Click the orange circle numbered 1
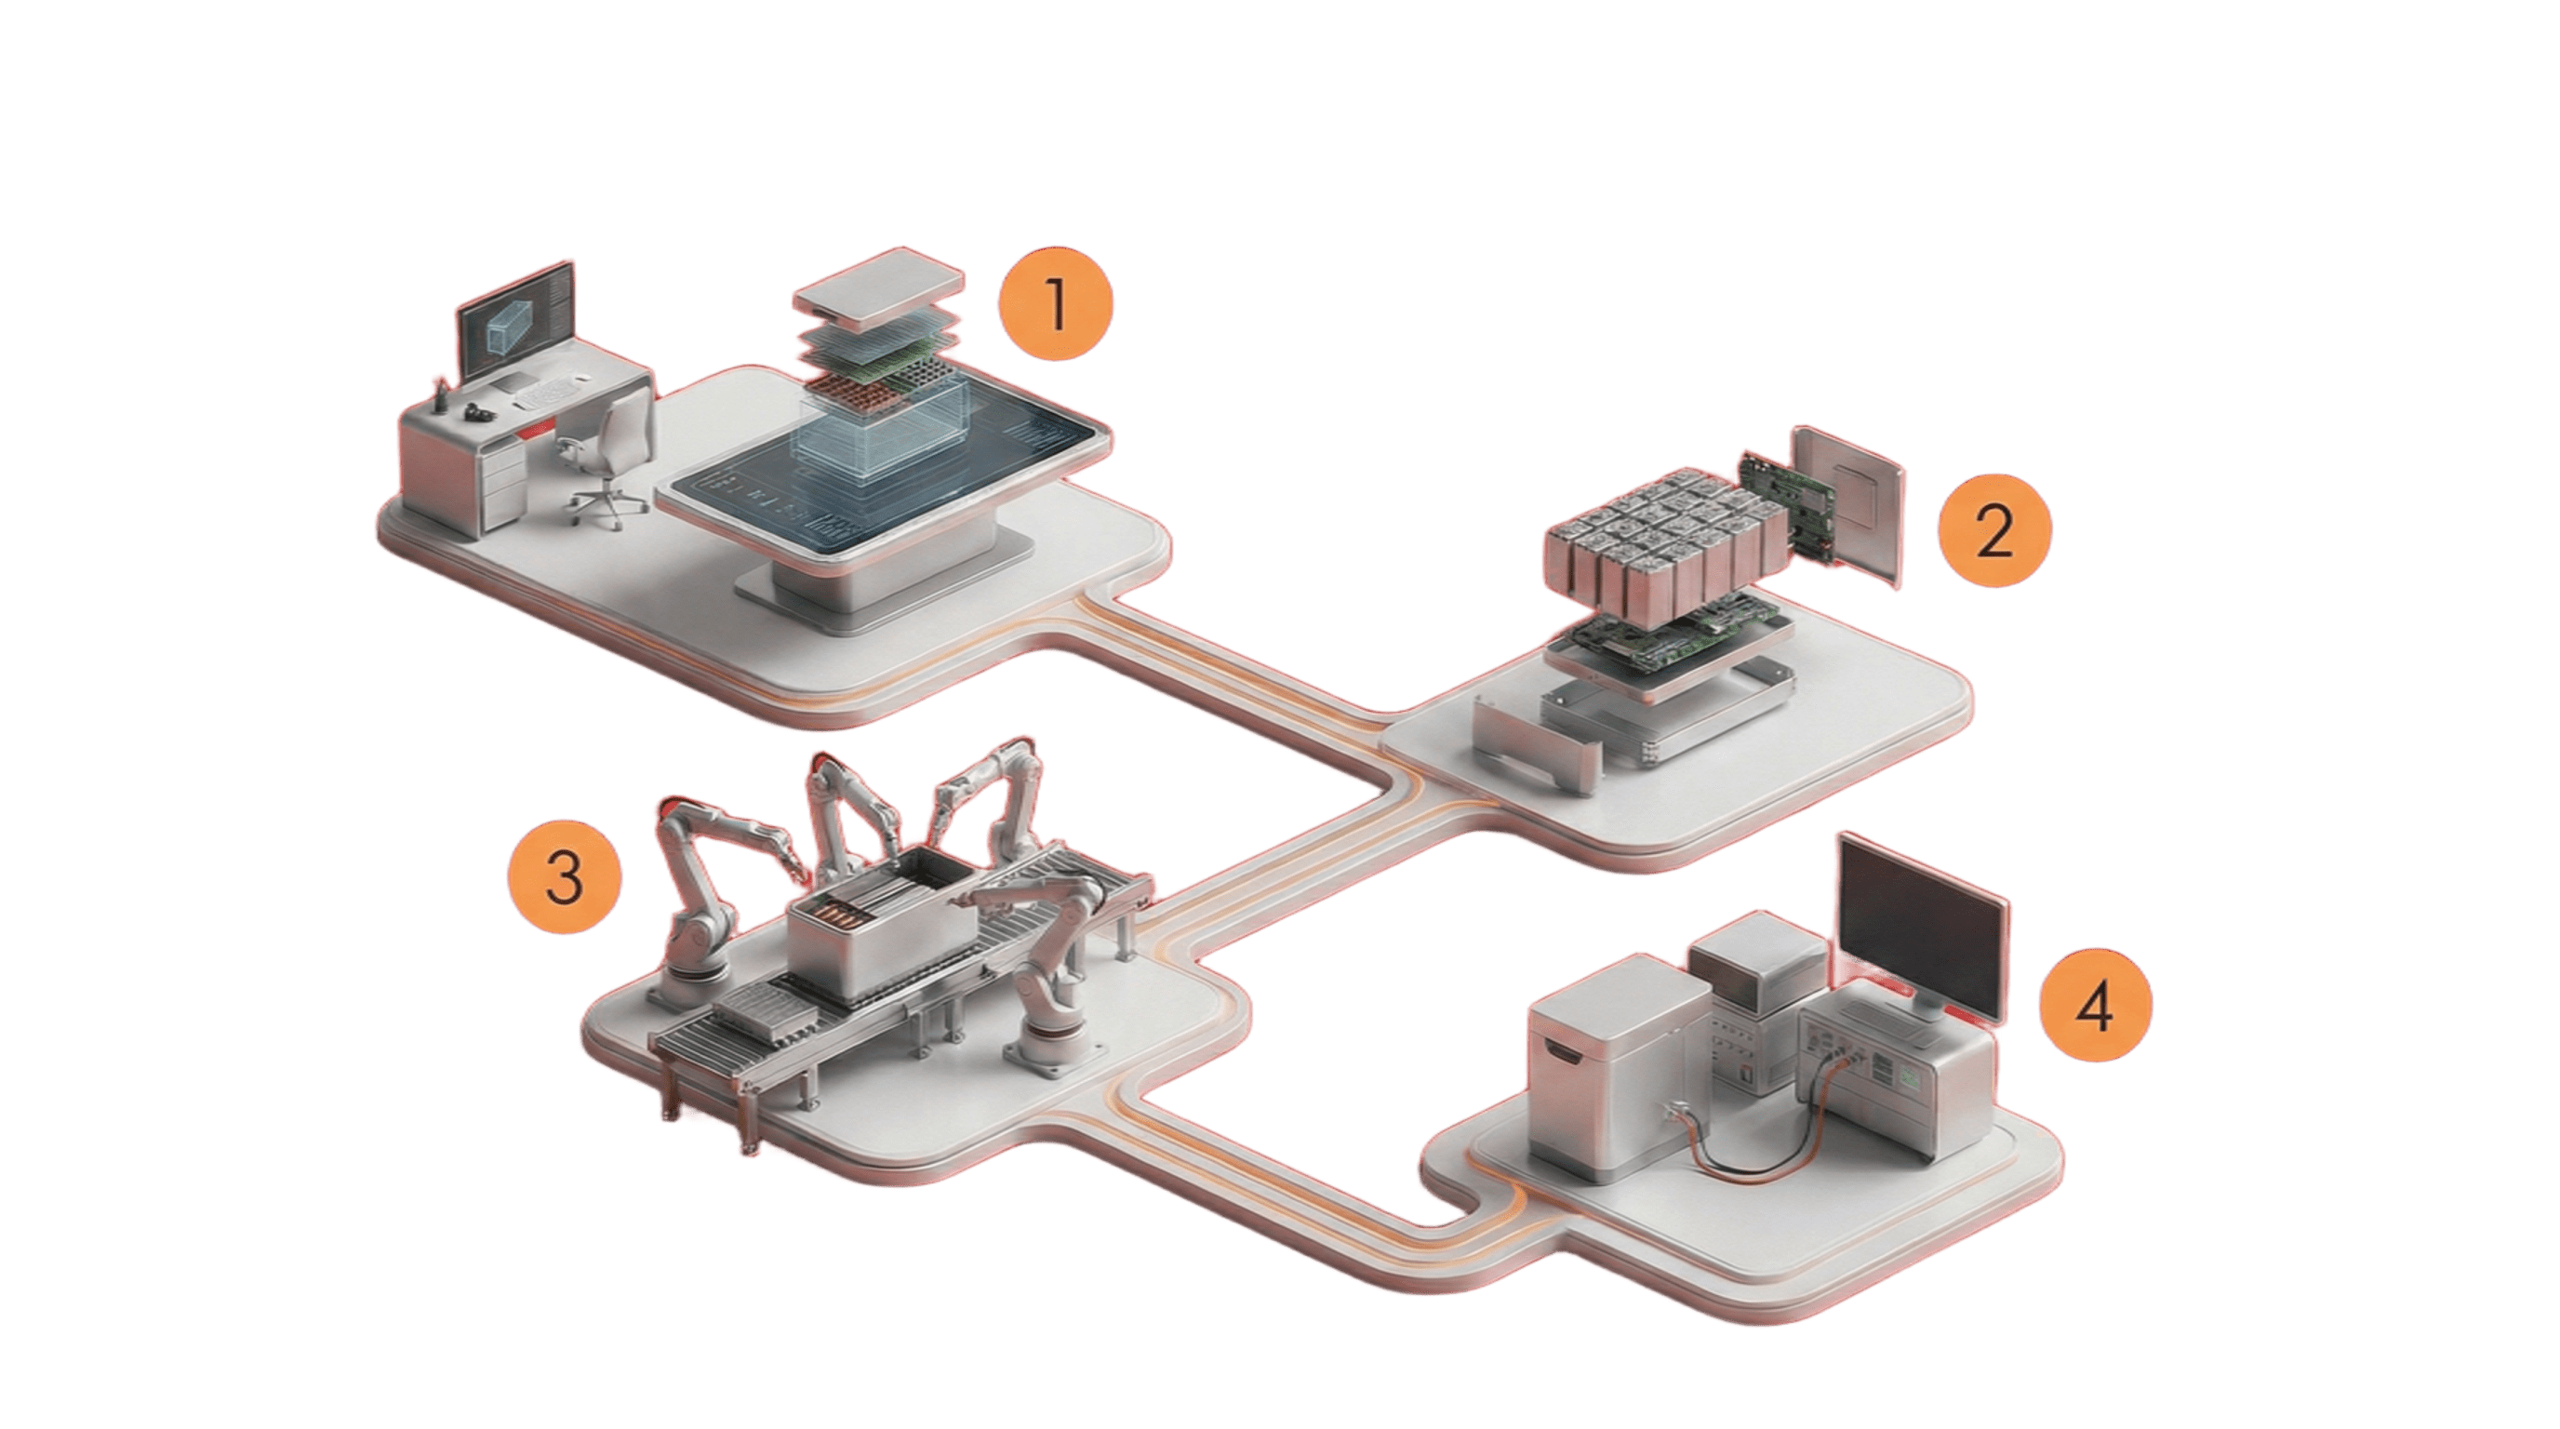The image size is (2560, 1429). (x=1056, y=304)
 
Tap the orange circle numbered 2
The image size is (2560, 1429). (x=1993, y=531)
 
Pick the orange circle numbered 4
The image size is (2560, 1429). (x=2095, y=1004)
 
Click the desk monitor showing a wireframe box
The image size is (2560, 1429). (x=514, y=327)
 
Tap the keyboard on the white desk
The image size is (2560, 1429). (x=553, y=394)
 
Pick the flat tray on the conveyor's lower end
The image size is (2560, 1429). (x=760, y=1014)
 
